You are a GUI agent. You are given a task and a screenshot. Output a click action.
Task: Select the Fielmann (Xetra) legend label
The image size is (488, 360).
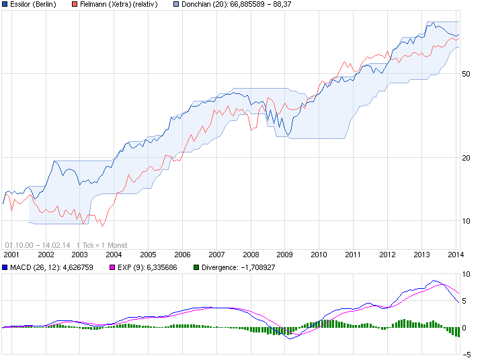pyautogui.click(x=118, y=4)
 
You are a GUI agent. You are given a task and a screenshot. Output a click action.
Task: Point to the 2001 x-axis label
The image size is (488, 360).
pyautogui.click(x=11, y=255)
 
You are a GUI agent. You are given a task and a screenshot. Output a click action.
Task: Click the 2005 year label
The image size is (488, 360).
pyautogui.click(x=148, y=255)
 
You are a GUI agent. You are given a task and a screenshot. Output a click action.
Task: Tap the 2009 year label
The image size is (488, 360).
pyautogui.click(x=284, y=255)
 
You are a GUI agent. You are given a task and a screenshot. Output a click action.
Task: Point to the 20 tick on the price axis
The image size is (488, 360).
pyautogui.click(x=466, y=158)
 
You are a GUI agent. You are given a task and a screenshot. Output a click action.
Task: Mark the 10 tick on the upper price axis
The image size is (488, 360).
pyautogui.click(x=466, y=221)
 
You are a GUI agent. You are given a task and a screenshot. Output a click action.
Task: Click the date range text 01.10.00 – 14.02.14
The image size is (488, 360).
pyautogui.click(x=38, y=245)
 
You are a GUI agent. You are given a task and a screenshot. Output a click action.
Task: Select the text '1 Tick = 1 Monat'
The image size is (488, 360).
pyautogui.click(x=101, y=245)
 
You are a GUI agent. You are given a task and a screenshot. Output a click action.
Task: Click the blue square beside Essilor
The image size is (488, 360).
pyautogui.click(x=5, y=4)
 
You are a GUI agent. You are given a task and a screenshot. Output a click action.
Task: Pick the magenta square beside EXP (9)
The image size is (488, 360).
pyautogui.click(x=113, y=267)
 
